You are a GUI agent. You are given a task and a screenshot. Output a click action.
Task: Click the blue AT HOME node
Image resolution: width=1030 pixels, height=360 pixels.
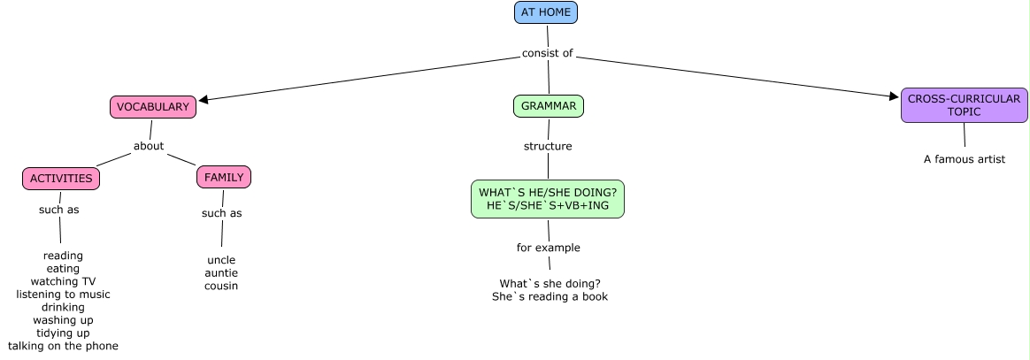pos(546,12)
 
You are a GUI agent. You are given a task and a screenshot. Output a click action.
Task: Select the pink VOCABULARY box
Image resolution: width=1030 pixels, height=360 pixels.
pos(153,107)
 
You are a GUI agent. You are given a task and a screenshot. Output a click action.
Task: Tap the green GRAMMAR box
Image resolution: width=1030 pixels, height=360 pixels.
pos(549,106)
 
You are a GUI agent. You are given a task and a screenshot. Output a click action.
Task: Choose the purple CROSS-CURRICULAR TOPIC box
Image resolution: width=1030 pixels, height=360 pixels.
pos(964,105)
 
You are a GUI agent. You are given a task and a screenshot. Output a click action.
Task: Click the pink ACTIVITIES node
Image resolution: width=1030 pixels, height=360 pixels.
pos(61,179)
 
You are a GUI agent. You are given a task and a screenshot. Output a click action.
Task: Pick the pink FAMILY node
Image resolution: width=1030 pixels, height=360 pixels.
pos(224,177)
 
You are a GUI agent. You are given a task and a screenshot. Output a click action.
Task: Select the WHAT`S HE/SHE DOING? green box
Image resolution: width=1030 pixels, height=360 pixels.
pos(548,199)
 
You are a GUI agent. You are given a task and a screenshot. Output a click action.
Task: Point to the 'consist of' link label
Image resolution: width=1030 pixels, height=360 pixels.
pos(548,53)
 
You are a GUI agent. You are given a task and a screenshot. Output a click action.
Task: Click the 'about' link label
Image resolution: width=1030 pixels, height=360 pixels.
pos(149,146)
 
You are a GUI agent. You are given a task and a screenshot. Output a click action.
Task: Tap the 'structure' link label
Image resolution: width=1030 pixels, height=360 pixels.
pos(548,146)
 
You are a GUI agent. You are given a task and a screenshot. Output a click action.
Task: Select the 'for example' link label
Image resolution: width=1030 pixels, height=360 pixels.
pos(549,248)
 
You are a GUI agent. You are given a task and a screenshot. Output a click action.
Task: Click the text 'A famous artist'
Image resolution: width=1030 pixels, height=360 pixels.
pos(965,159)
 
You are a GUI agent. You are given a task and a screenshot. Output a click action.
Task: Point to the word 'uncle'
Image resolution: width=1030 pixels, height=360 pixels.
pos(221,260)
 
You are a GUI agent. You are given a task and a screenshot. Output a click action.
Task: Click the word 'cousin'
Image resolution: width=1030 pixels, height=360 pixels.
pos(221,286)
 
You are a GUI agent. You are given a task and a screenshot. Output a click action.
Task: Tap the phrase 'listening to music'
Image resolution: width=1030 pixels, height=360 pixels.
pos(63,294)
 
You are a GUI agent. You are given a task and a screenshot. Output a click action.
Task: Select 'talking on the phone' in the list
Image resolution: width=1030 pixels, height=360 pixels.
pos(63,346)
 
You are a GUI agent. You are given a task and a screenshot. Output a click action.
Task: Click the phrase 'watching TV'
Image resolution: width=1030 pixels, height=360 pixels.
pos(63,281)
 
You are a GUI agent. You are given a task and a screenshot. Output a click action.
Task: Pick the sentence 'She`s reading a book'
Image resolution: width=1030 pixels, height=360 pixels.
pos(550,296)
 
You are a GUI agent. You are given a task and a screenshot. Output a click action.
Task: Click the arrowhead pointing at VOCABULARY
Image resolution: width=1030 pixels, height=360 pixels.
pos(204,100)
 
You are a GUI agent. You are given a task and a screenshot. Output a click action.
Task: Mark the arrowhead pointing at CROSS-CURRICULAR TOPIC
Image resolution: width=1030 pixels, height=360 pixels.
pos(894,96)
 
